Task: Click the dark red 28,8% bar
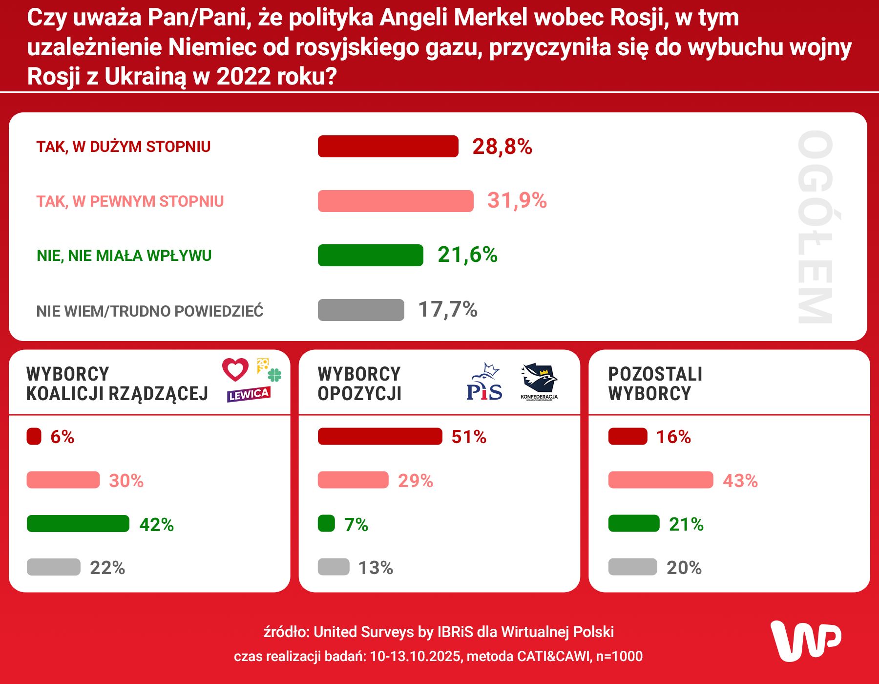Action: point(388,147)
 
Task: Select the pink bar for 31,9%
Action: point(396,201)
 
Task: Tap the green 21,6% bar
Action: point(370,255)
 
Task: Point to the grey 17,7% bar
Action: point(361,310)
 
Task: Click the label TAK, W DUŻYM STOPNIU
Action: point(123,147)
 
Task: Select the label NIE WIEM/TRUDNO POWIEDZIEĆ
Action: point(150,311)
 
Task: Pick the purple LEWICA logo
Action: point(248,394)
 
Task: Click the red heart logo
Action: point(235,369)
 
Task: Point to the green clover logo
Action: point(275,375)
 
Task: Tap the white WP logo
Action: point(806,641)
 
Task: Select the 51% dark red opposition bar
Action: point(380,436)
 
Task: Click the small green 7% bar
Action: point(326,524)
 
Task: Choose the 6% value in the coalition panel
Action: point(62,437)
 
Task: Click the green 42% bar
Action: point(78,524)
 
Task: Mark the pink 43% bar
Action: point(660,480)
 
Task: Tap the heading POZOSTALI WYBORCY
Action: point(655,384)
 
